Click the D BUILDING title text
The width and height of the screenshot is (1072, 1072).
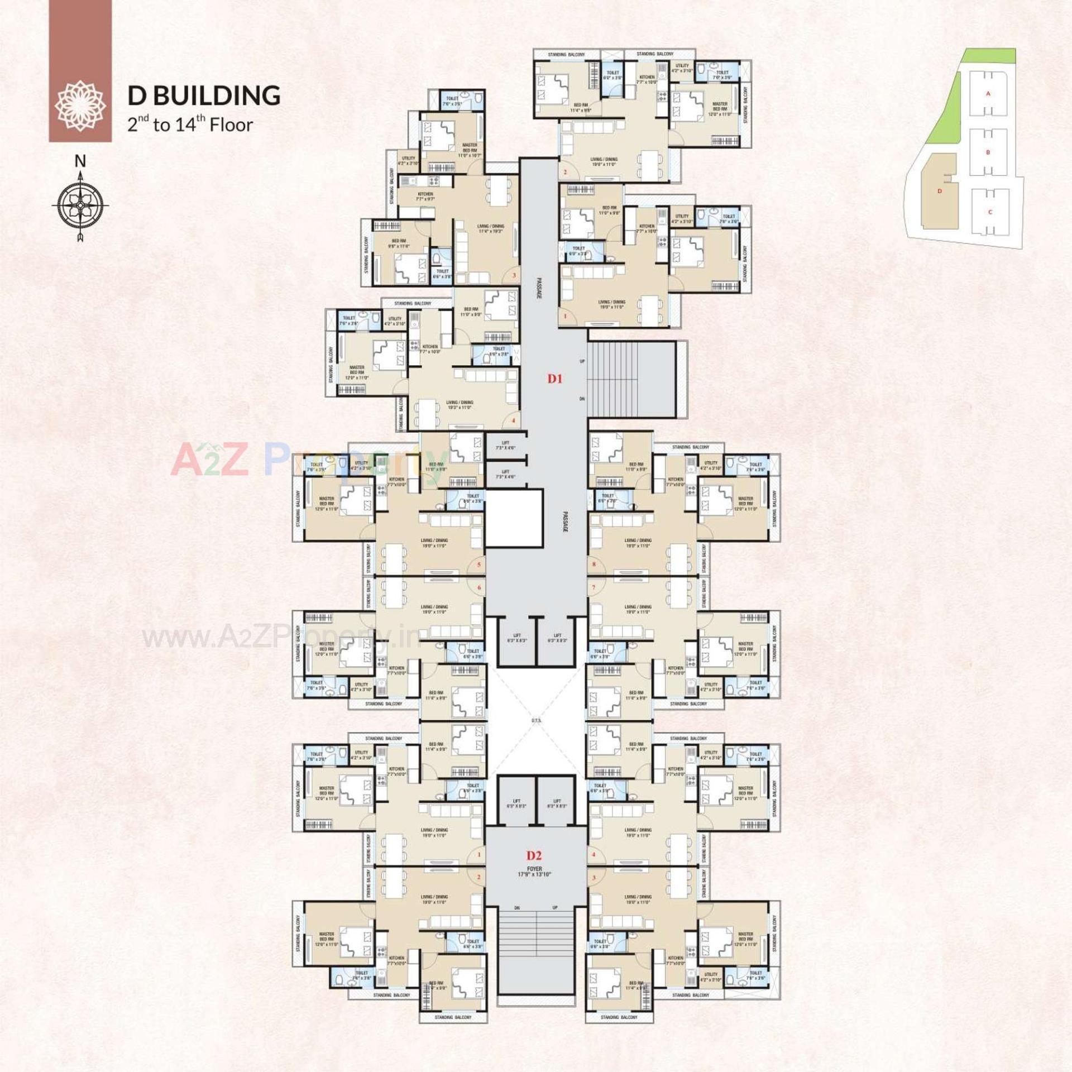point(204,95)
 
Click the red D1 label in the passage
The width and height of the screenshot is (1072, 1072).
point(554,379)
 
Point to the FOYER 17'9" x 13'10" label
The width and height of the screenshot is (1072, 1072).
point(534,872)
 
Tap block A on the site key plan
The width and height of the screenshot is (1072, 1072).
point(988,94)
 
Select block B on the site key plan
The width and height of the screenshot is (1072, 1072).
point(988,152)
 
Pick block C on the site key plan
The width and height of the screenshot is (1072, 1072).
point(990,212)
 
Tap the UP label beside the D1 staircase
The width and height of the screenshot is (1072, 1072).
point(582,362)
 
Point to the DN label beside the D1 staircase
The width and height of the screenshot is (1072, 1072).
point(582,399)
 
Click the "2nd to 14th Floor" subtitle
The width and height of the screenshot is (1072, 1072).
point(190,125)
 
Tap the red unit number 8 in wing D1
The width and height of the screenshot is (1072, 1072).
point(594,564)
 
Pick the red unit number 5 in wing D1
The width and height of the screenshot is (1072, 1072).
point(478,564)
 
